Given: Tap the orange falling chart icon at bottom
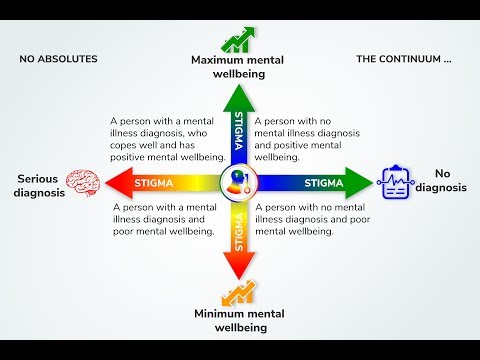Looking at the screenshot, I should tap(238, 293).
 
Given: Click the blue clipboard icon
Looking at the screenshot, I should tap(393, 182).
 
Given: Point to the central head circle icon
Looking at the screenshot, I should tap(238, 184).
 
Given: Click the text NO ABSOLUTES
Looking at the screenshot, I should tap(58, 59).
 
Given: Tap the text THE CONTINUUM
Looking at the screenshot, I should tap(404, 59).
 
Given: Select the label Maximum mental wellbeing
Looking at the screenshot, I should tap(238, 67).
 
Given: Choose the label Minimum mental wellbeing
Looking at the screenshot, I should tap(238, 320).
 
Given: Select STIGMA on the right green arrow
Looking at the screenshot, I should tap(324, 183).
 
